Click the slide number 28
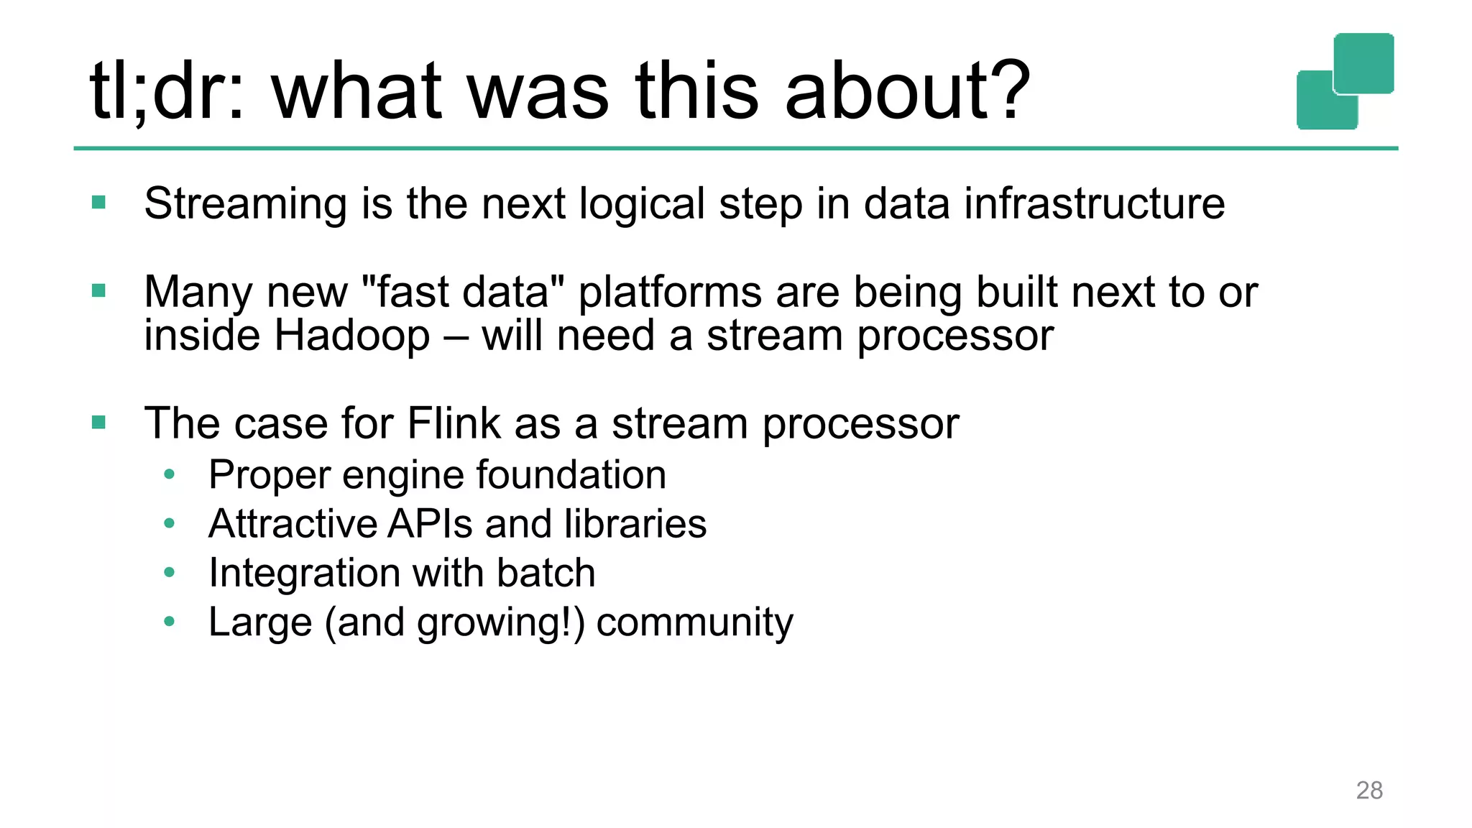click(x=1368, y=791)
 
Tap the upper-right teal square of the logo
click(x=1363, y=63)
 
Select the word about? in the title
click(x=908, y=91)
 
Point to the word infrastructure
click(x=1094, y=203)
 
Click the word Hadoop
click(x=352, y=336)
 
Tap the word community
click(x=694, y=622)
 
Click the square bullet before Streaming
click(x=99, y=203)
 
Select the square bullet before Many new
click(x=99, y=291)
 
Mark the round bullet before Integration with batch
click(x=170, y=573)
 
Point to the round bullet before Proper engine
click(x=170, y=474)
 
